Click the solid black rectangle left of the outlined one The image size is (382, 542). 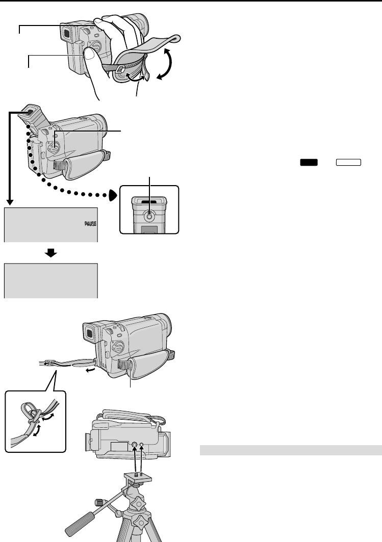point(308,162)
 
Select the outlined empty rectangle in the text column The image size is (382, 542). point(348,162)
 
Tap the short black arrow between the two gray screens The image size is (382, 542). point(51,252)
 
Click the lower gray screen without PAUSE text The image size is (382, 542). point(50,280)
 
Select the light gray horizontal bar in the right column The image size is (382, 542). point(290,450)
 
